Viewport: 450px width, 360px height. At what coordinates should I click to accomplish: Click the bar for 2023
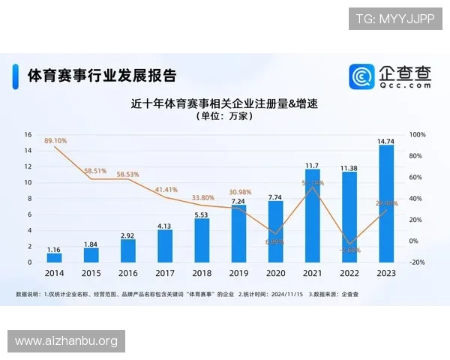pyautogui.click(x=386, y=203)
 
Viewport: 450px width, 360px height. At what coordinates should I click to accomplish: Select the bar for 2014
pyautogui.click(x=55, y=257)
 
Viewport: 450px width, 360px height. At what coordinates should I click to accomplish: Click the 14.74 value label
pyautogui.click(x=386, y=140)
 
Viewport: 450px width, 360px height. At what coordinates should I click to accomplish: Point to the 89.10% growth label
pyautogui.click(x=56, y=140)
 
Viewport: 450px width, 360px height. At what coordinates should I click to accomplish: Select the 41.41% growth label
pyautogui.click(x=166, y=190)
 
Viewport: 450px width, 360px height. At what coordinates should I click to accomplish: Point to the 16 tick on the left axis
pyautogui.click(x=28, y=135)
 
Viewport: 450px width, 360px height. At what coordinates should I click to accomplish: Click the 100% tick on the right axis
pyautogui.click(x=418, y=135)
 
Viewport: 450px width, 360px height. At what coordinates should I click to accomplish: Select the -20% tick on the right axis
pyautogui.click(x=417, y=262)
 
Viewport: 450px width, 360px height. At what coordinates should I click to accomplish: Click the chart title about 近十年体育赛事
pyautogui.click(x=225, y=103)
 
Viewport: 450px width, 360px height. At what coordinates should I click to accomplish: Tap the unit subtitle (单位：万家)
pyautogui.click(x=225, y=116)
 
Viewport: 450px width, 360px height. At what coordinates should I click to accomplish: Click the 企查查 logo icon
pyautogui.click(x=363, y=76)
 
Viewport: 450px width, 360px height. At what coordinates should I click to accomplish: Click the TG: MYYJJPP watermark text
pyautogui.click(x=394, y=19)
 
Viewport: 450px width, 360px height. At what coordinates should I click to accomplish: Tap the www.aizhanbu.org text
pyautogui.click(x=66, y=341)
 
